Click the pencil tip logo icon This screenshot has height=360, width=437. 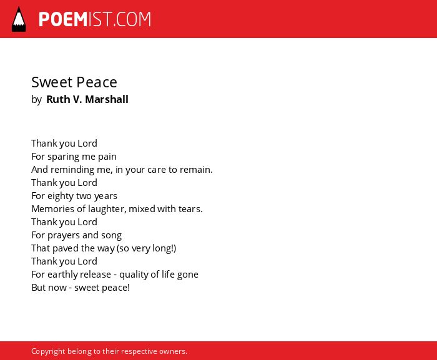click(x=19, y=19)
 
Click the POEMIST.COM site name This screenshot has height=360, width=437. click(x=95, y=19)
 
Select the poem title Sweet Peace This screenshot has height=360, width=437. click(x=74, y=82)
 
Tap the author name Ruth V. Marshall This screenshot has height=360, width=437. click(x=87, y=99)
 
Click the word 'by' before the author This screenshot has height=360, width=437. click(x=36, y=100)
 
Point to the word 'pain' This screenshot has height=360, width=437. click(x=107, y=157)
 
